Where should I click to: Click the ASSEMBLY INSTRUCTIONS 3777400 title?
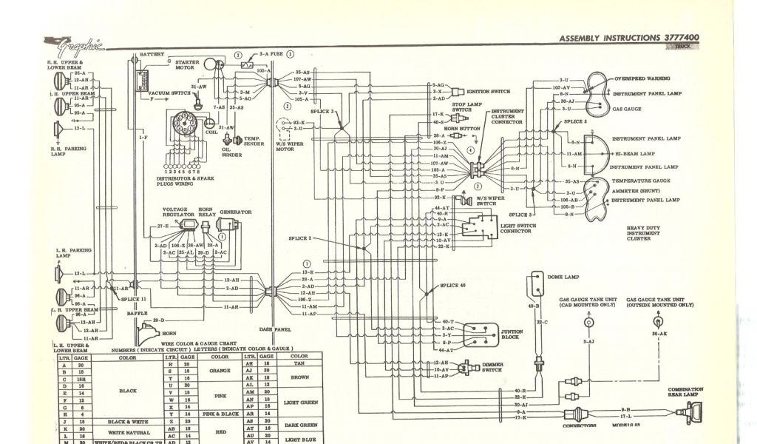[629, 38]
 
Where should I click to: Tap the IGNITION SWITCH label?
[489, 91]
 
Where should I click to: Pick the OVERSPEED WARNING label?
[642, 77]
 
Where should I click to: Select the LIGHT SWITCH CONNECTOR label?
[515, 228]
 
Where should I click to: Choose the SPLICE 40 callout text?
[453, 285]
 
